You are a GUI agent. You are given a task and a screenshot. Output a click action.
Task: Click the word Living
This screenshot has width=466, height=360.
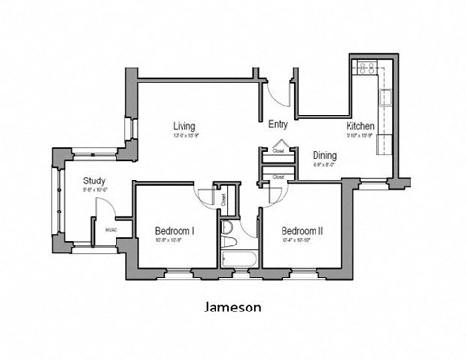click(x=185, y=126)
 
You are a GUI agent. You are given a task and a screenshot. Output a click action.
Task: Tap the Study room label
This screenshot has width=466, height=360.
click(x=94, y=180)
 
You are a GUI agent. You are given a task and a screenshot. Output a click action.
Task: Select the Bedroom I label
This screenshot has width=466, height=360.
click(x=175, y=231)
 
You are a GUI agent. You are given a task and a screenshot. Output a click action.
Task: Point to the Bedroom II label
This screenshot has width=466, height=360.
click(x=302, y=231)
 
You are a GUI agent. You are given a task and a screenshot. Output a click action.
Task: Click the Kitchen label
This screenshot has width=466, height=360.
click(x=360, y=126)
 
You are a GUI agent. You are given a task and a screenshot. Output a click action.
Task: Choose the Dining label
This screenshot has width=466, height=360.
click(x=324, y=155)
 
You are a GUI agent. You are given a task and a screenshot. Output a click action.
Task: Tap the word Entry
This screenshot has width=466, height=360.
click(x=278, y=124)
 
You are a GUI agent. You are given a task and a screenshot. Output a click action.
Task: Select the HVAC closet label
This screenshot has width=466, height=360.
click(x=111, y=230)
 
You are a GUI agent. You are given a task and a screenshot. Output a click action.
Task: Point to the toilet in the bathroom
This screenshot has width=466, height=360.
click(x=228, y=230)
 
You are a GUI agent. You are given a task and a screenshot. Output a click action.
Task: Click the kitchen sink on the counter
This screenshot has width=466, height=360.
click(x=384, y=97)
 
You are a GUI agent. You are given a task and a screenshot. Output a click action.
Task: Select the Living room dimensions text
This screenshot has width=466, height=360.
click(x=185, y=136)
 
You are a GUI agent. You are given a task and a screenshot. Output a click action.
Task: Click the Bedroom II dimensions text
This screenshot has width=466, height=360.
click(x=302, y=241)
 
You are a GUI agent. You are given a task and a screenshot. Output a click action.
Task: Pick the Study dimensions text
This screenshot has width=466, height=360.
click(x=94, y=190)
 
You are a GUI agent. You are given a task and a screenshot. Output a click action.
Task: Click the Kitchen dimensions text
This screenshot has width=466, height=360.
click(x=360, y=136)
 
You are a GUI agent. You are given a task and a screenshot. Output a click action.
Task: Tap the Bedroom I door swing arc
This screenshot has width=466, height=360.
click(x=207, y=195)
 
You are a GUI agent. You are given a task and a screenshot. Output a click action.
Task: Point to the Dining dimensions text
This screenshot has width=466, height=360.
click(x=324, y=165)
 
